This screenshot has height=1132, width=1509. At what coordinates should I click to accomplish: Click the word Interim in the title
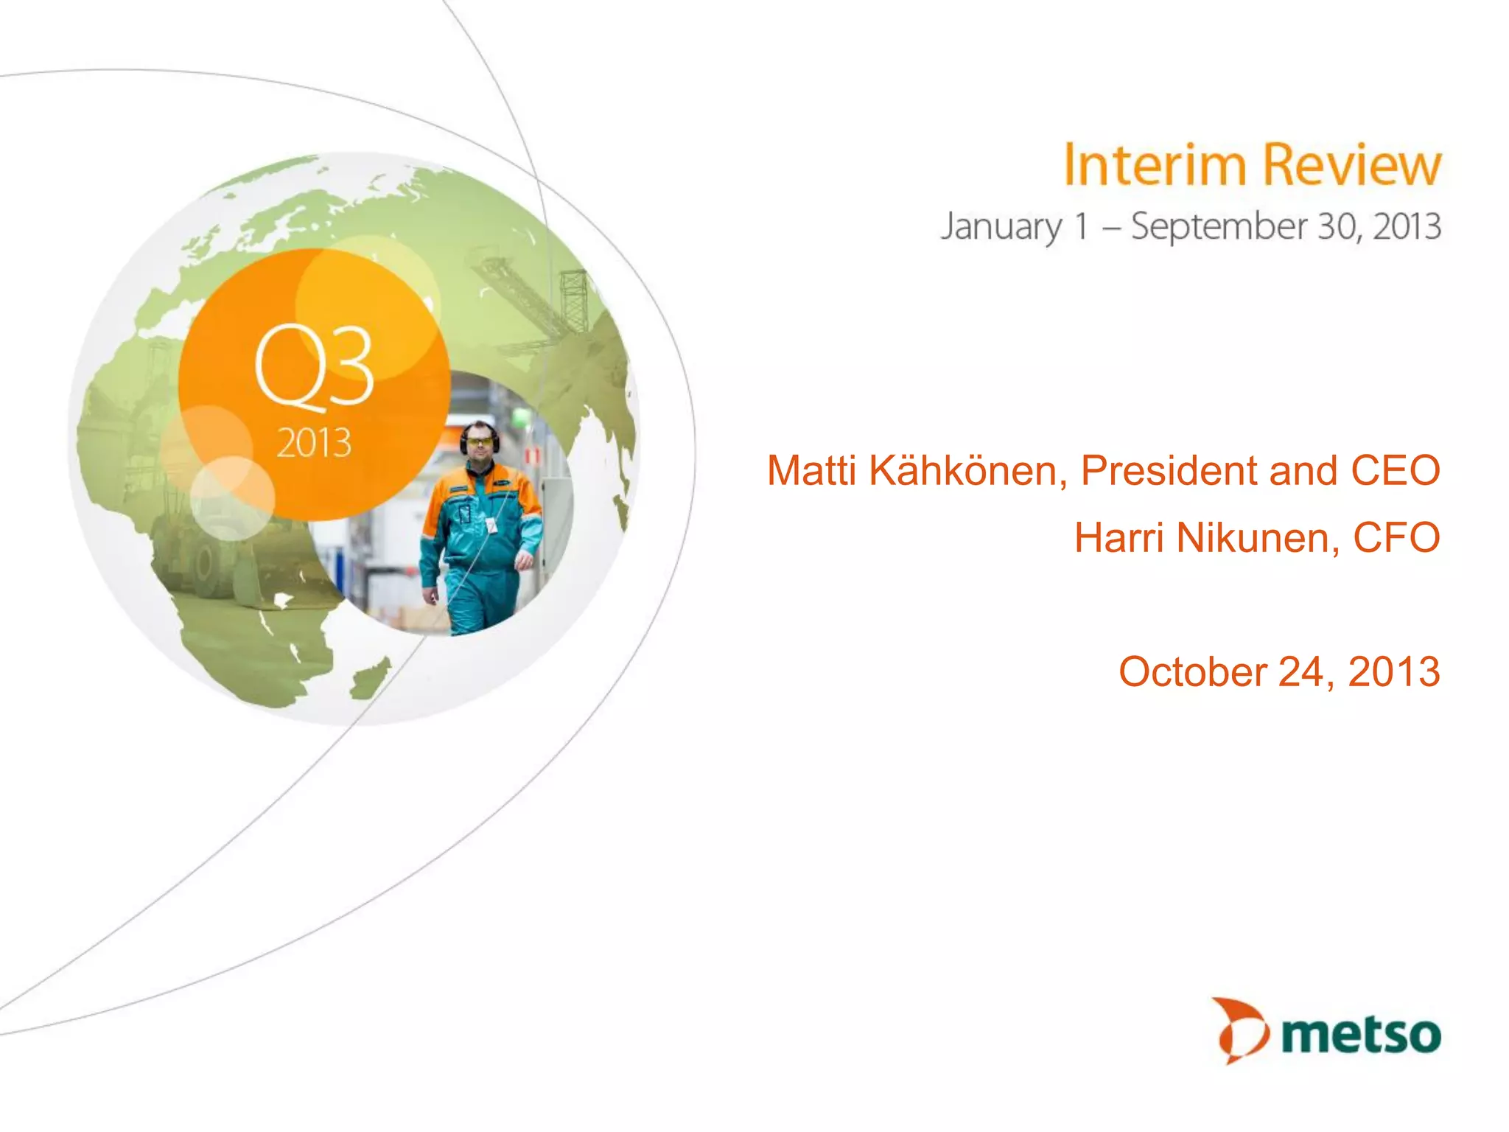(x=1155, y=165)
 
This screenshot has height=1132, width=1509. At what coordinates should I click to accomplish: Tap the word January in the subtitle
(x=1001, y=227)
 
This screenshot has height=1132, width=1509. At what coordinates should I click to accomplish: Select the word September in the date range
(x=1218, y=227)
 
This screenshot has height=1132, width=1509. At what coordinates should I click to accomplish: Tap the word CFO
(x=1396, y=537)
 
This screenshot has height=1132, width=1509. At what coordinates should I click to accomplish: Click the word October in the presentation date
(x=1192, y=671)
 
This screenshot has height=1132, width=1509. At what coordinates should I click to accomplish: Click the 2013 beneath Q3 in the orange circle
(x=314, y=443)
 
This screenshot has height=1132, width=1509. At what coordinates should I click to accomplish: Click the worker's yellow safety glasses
(x=480, y=441)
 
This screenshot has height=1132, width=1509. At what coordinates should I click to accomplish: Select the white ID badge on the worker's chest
(x=490, y=525)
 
